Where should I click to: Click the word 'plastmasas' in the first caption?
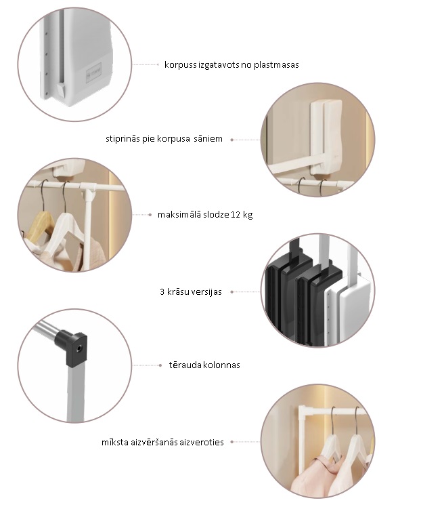(x=276, y=65)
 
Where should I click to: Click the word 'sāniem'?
(x=208, y=139)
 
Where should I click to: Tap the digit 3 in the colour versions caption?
(x=162, y=292)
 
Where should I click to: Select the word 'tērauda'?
(x=181, y=365)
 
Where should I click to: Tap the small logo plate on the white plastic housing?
(x=94, y=73)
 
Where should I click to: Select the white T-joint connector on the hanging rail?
(x=89, y=190)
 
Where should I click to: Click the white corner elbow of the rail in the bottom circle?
(x=303, y=412)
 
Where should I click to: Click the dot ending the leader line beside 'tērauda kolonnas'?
(x=160, y=365)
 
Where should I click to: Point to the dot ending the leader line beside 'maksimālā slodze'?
(x=150, y=215)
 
